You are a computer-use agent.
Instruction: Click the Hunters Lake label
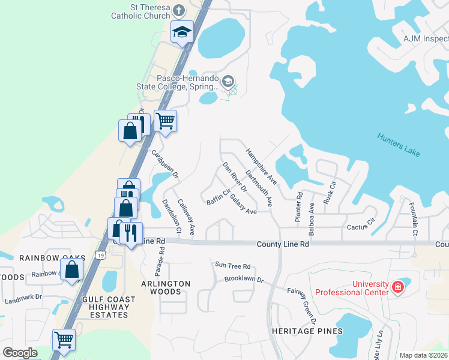click(399, 145)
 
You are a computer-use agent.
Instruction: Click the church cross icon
click(178, 10)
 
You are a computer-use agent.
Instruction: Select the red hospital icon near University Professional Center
click(397, 287)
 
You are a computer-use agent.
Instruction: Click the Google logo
click(20, 353)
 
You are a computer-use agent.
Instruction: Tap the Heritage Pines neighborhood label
click(306, 331)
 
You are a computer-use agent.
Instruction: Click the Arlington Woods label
click(166, 287)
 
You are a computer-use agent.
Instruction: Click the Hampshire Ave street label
click(261, 166)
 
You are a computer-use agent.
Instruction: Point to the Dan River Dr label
click(235, 177)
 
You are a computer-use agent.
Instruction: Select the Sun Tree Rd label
click(232, 266)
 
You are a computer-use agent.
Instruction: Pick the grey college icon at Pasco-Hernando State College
click(228, 82)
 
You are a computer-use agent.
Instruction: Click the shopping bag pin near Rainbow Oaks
click(72, 270)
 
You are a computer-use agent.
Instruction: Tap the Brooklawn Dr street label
click(244, 280)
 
